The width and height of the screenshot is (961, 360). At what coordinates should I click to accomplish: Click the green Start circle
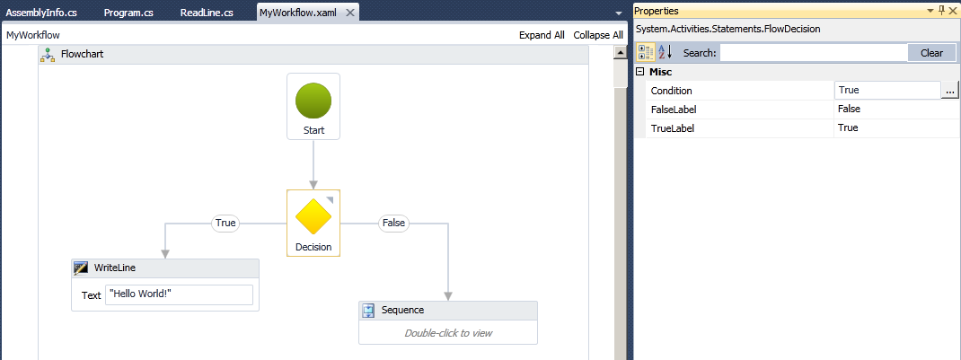tap(313, 101)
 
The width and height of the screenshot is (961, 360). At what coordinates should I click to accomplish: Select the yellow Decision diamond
tap(313, 215)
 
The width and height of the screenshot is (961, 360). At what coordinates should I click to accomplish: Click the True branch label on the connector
tap(225, 223)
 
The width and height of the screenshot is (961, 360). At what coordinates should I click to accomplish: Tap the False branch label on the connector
tap(393, 223)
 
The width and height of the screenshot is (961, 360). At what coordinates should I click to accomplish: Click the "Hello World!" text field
tap(179, 294)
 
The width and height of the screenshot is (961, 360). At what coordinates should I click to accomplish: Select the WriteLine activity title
tap(115, 268)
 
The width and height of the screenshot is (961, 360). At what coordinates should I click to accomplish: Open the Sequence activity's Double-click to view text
tap(448, 333)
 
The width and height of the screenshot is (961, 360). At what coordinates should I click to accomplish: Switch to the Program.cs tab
tap(128, 13)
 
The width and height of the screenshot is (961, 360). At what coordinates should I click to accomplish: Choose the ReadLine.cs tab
tap(207, 13)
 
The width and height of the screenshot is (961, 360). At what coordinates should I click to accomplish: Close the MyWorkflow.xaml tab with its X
tap(350, 13)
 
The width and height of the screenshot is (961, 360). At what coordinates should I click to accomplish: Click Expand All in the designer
tap(542, 35)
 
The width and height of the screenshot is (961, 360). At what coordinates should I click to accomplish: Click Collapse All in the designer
tap(598, 35)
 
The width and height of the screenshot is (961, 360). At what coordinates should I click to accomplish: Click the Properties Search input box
tap(814, 53)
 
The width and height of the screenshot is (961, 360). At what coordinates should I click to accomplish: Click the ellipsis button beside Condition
tap(949, 91)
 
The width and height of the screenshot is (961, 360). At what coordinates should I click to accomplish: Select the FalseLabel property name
tap(674, 110)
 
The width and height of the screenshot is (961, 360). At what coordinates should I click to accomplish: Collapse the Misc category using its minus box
tap(640, 72)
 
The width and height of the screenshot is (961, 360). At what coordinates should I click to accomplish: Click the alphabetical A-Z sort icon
tap(665, 53)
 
